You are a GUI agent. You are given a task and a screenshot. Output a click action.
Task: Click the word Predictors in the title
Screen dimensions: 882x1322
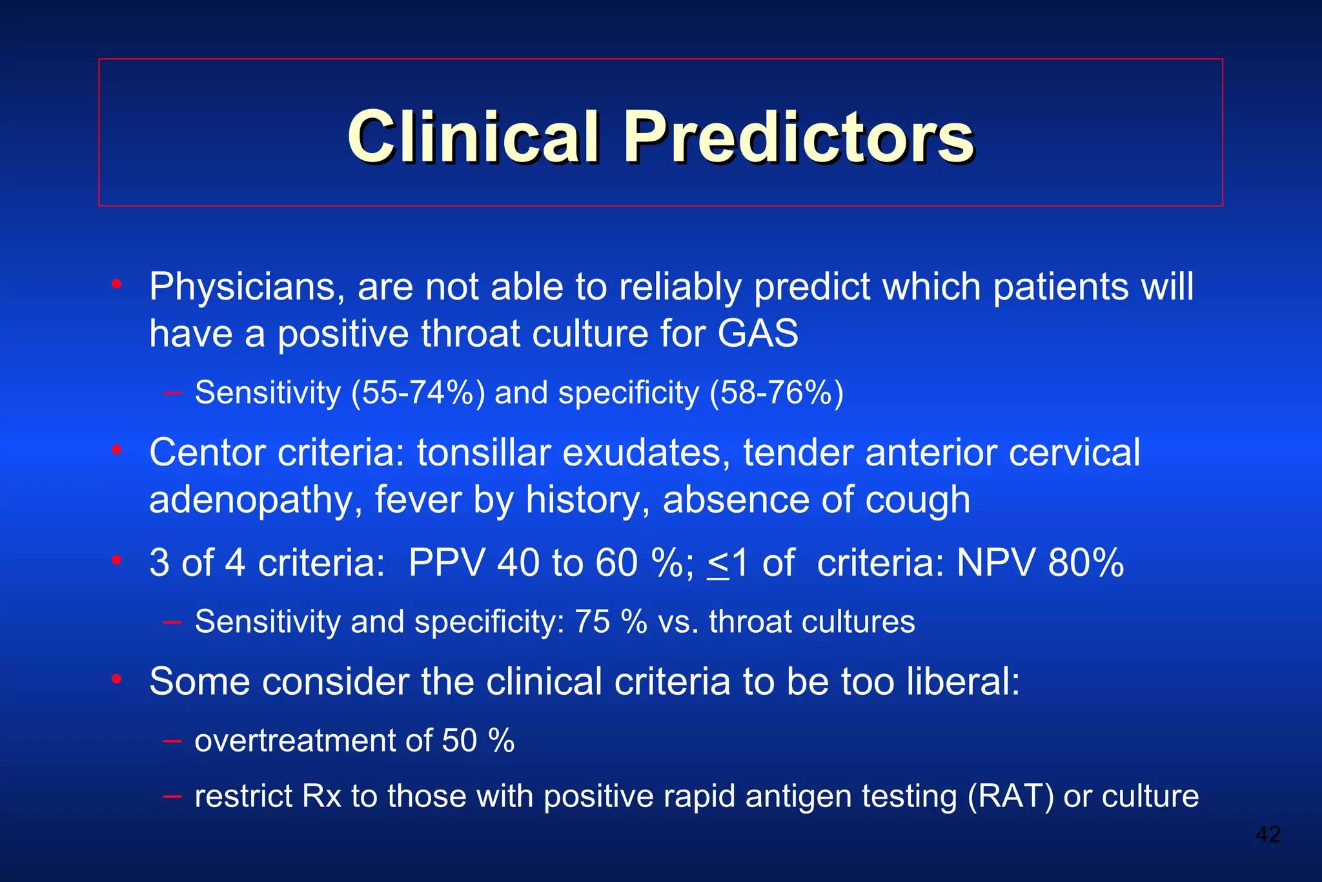click(798, 136)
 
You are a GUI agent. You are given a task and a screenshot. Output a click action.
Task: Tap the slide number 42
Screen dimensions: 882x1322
click(1268, 834)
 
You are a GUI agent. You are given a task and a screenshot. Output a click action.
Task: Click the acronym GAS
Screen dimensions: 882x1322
click(758, 333)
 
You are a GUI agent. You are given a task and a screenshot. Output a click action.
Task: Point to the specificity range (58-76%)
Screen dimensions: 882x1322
click(776, 392)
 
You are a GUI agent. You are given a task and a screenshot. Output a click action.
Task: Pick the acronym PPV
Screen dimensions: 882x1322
click(446, 562)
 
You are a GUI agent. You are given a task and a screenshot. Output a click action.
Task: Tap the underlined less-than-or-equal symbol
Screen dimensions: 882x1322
click(718, 564)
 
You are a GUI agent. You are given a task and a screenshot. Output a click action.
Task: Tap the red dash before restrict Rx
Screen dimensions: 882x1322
click(172, 796)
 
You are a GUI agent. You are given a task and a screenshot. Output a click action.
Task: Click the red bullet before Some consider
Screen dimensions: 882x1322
click(116, 679)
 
